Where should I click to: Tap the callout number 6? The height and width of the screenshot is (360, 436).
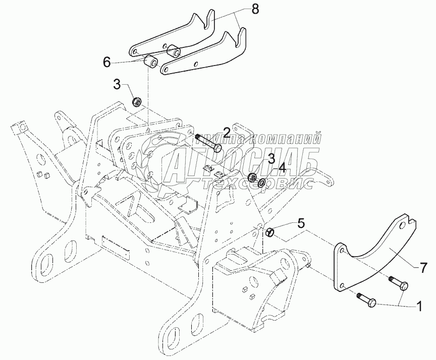[106, 62]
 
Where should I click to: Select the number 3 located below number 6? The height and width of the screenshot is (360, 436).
[117, 84]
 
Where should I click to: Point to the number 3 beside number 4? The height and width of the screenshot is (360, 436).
[271, 159]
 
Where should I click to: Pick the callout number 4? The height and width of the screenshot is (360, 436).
[282, 166]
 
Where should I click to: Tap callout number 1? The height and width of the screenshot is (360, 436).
[419, 305]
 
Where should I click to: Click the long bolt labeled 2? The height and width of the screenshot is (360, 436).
[207, 141]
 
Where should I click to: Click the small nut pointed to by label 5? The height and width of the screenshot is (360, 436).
[270, 232]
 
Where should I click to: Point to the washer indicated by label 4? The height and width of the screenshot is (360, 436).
[262, 181]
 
